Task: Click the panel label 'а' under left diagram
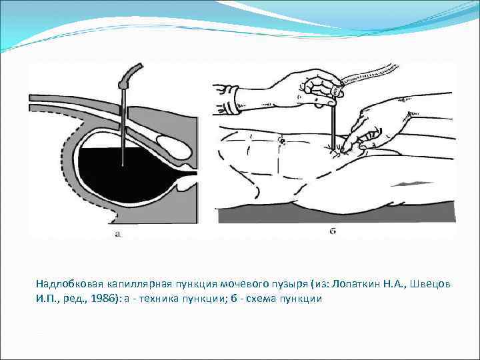(118, 233)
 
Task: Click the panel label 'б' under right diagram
(332, 233)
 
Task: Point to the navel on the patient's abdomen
(282, 141)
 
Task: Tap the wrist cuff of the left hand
(231, 101)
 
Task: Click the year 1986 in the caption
(103, 299)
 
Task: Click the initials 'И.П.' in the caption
(47, 299)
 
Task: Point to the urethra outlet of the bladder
(186, 175)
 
